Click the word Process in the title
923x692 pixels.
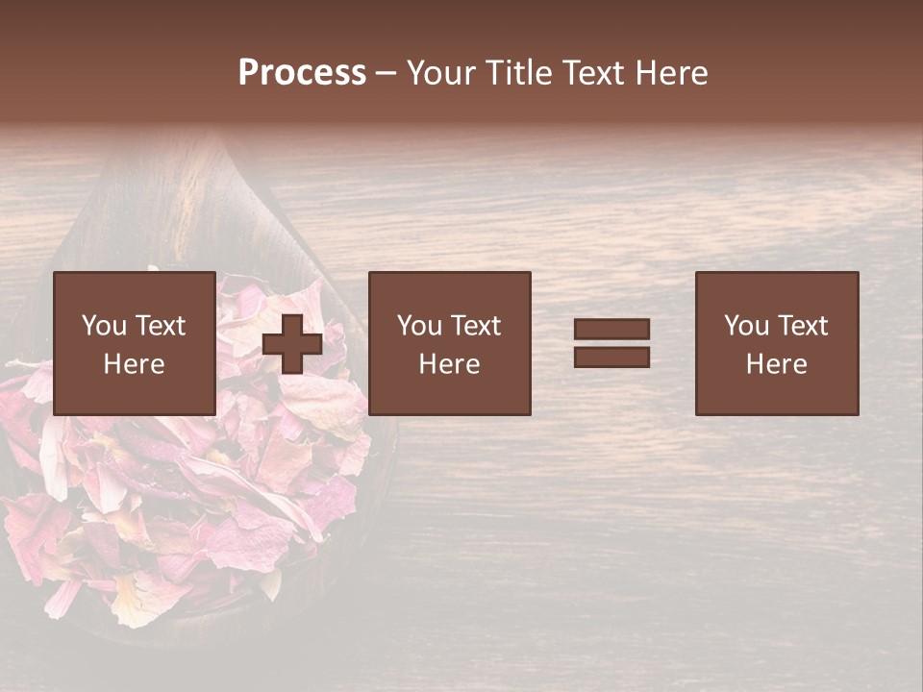[302, 73]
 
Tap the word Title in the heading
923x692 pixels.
[520, 73]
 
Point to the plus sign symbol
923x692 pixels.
[292, 344]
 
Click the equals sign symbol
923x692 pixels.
[611, 343]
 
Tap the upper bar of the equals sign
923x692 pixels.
[611, 330]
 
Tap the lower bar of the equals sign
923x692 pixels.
[611, 358]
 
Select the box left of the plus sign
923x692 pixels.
[135, 343]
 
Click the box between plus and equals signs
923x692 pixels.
[450, 343]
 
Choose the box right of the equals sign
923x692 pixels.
[777, 343]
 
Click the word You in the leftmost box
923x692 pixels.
[104, 326]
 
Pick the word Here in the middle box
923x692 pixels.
[450, 364]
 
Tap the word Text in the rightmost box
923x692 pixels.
[802, 326]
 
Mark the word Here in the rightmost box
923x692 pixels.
[777, 364]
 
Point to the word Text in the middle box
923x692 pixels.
[475, 326]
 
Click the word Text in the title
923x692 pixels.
[592, 73]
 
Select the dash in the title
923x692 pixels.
[386, 73]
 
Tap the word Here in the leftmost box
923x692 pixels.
[135, 364]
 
